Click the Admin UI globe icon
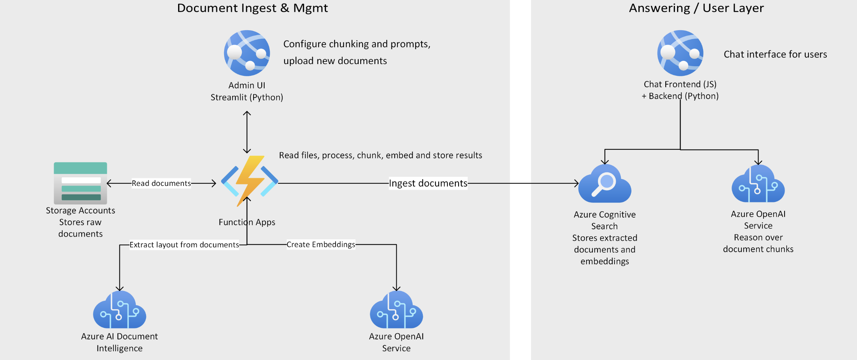(247, 53)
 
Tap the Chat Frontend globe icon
(680, 53)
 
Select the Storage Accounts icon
(80, 183)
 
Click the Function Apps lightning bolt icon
(249, 180)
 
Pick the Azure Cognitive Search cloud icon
(605, 184)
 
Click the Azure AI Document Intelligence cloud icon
(120, 310)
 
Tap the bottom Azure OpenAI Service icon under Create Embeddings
(396, 310)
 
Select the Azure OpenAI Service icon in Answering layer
(758, 184)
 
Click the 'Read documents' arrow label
(161, 183)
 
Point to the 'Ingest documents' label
(428, 183)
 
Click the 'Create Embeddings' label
(321, 244)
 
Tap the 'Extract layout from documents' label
(184, 245)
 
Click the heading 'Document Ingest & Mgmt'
(252, 8)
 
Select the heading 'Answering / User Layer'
(696, 8)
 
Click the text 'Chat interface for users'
(775, 54)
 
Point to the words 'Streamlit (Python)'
(247, 97)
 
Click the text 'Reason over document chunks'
(758, 243)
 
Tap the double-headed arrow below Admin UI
(247, 132)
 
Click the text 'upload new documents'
(335, 61)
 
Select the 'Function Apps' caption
(247, 222)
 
